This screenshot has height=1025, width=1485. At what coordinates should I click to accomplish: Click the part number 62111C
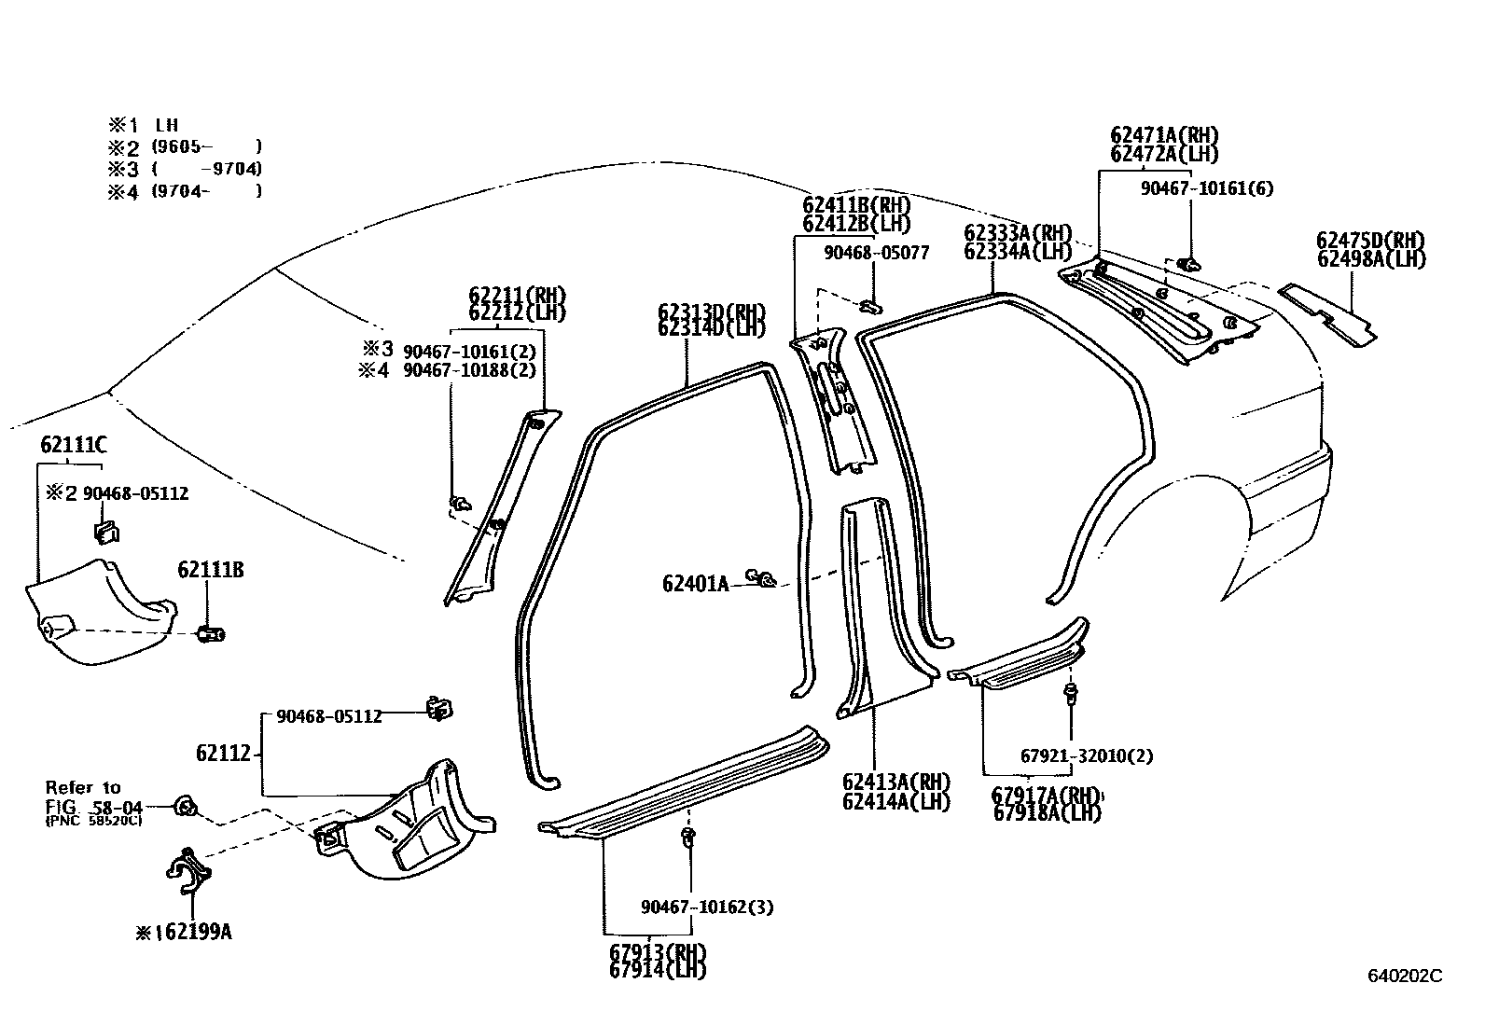(73, 445)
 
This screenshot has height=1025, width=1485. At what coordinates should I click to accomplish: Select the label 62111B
(211, 570)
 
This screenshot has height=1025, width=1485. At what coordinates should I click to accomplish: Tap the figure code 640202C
(1404, 976)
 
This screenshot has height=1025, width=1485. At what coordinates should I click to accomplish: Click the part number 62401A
(695, 584)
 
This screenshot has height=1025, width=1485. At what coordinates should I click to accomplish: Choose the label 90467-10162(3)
(706, 907)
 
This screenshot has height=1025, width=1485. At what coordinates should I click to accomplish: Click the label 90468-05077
(876, 253)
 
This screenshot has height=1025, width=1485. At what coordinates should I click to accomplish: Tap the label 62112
(223, 752)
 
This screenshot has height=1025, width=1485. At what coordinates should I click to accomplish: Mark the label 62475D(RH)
(1370, 240)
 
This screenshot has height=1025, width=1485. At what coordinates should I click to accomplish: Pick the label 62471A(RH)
(1164, 136)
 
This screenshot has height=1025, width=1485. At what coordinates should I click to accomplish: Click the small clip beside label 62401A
(764, 580)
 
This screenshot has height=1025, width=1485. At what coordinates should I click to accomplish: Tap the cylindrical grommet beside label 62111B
(211, 635)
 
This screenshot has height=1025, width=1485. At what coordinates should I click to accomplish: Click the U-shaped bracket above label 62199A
(189, 870)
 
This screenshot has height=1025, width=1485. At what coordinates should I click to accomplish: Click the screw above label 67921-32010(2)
(1071, 693)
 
